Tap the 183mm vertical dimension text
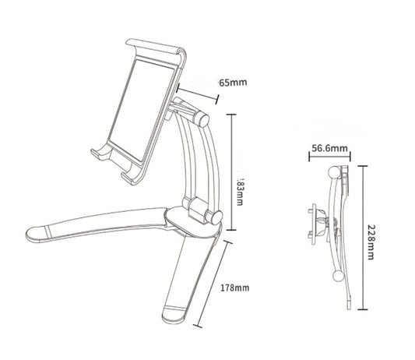(x=239, y=189)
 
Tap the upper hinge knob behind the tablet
(x=202, y=117)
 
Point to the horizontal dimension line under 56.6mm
(x=329, y=156)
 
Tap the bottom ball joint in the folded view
(x=337, y=274)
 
